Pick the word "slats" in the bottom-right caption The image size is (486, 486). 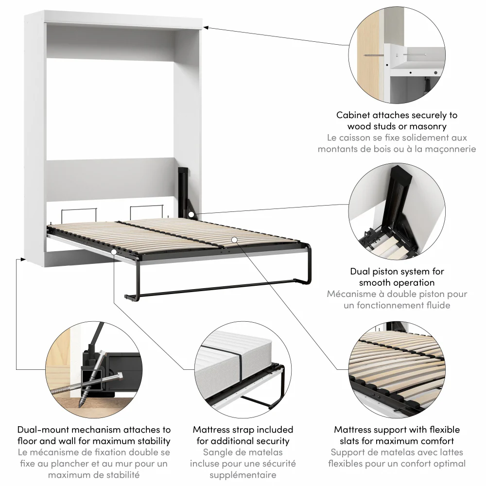(x=347, y=441)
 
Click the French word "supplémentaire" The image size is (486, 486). (x=243, y=475)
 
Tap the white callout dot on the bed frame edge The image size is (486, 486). (x=113, y=252)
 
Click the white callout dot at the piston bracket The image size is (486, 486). (x=192, y=214)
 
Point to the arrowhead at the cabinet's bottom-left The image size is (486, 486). (x=19, y=260)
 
